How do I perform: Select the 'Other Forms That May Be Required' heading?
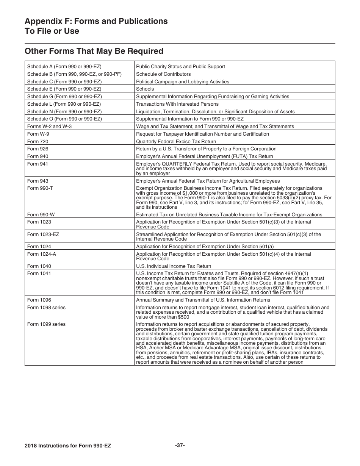point(94,51)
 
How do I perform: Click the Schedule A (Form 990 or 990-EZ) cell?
point(64,67)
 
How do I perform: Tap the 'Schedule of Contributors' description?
point(163,74)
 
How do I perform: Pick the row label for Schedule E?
point(64,89)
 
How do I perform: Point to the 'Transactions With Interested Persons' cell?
point(177,104)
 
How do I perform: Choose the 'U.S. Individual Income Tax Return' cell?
point(174,266)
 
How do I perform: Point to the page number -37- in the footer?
point(180,446)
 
